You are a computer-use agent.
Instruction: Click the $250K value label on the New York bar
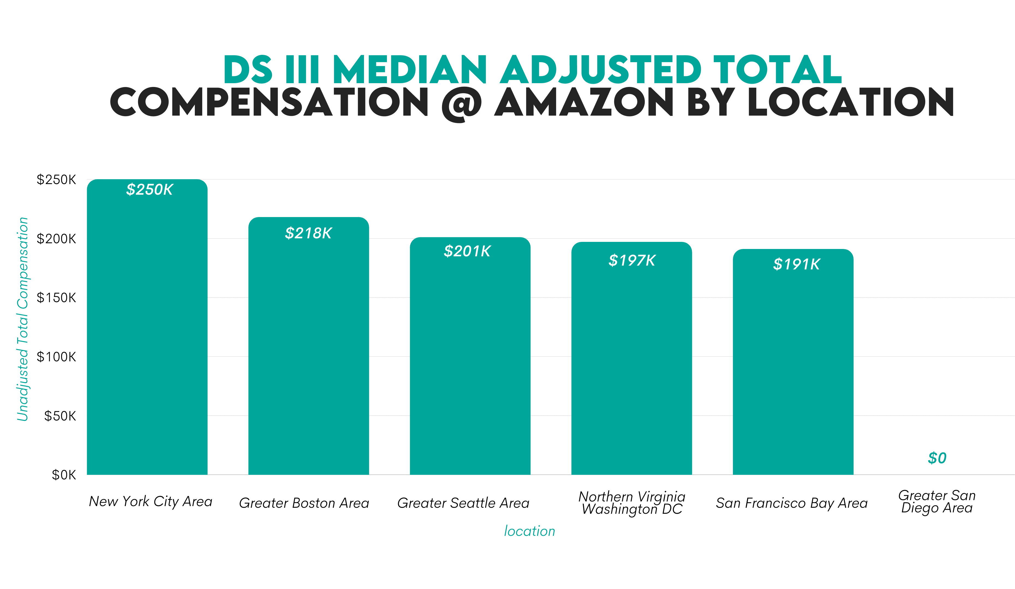tap(150, 190)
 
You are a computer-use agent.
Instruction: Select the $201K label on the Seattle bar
tap(467, 251)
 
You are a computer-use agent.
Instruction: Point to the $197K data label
tap(632, 260)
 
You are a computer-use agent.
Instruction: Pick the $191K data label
tap(796, 264)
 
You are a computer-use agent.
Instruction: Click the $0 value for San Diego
tap(937, 458)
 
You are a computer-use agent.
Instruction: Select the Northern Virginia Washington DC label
tap(632, 503)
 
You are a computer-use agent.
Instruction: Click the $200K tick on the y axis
tap(56, 239)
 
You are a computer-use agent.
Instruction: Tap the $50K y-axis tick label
tap(60, 416)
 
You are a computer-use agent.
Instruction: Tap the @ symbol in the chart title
tap(462, 104)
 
